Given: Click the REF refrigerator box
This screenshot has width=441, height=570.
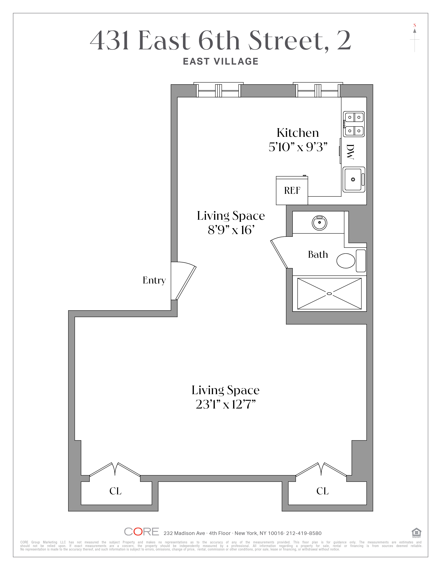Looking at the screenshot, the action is pos(292,191).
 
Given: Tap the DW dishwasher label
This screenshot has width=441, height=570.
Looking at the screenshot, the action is pos(350,152).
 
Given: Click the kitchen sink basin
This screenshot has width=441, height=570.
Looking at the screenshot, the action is pos(353,179).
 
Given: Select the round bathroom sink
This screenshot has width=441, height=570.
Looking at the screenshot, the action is pos(319,223).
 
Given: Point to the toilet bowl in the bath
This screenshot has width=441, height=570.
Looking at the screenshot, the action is pos(346,261).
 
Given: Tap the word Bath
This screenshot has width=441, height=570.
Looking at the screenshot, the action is pos(318,254).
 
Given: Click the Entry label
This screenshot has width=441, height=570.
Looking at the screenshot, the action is pos(154,281).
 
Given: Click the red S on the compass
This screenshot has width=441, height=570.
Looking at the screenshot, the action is pos(415,25).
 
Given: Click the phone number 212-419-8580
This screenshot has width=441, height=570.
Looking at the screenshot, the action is pos(304,533).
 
